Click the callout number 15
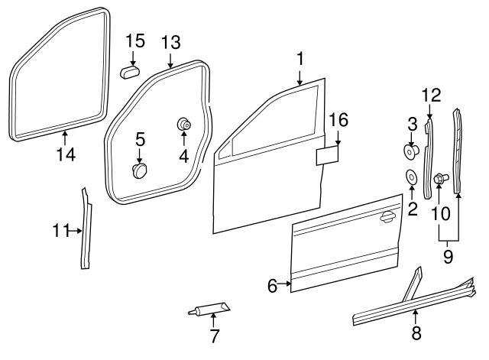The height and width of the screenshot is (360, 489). (x=134, y=41)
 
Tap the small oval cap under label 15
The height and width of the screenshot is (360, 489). (x=129, y=72)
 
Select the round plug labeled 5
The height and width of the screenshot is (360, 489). (x=139, y=169)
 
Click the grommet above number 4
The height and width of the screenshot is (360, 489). (x=184, y=124)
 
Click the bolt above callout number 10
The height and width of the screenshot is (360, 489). (x=440, y=179)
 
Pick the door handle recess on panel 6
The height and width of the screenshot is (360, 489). (x=388, y=218)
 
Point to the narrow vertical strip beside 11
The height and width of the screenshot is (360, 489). (x=85, y=229)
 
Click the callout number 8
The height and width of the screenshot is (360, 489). (x=416, y=332)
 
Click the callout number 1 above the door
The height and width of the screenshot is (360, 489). (x=300, y=58)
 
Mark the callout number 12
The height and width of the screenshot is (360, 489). (x=431, y=95)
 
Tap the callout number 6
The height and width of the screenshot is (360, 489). (x=273, y=287)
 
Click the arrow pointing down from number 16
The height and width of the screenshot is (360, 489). (x=338, y=138)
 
